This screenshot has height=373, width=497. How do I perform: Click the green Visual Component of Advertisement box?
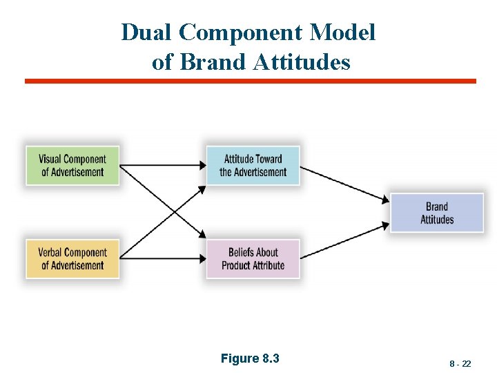72,166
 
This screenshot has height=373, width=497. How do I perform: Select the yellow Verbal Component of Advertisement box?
72,259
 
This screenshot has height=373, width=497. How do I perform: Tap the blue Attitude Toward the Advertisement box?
253,166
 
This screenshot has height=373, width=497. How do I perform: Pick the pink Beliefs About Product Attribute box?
253,259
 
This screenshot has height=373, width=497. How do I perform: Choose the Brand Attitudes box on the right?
437,213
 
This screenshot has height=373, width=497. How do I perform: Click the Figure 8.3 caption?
250,358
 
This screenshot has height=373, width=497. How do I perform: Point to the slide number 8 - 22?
460,363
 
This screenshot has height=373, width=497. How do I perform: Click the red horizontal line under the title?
250,81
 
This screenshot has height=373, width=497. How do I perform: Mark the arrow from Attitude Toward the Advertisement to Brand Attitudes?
345,184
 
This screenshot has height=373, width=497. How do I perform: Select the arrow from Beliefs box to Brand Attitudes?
345,241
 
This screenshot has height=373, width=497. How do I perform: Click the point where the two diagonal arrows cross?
163,212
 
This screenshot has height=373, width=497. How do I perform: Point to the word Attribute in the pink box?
269,265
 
